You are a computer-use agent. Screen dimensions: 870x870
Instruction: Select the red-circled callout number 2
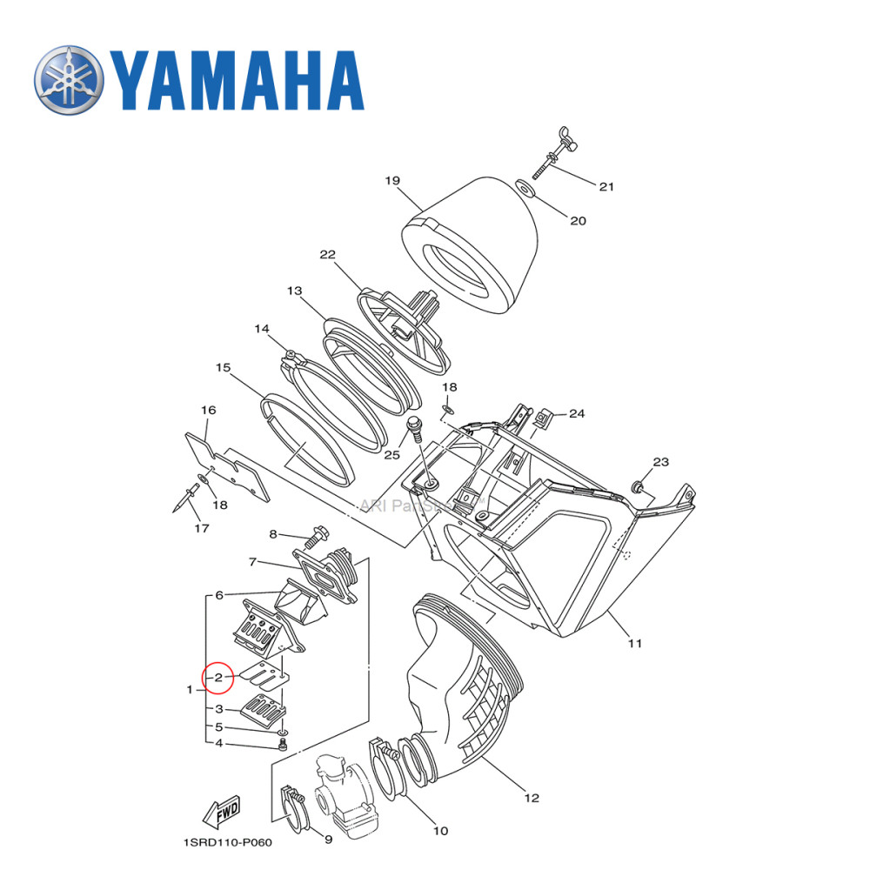(x=219, y=676)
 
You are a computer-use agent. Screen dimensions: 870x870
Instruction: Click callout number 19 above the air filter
(x=391, y=181)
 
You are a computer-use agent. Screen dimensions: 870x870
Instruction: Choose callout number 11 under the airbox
(x=634, y=643)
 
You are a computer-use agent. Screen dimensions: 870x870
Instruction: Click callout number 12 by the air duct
(x=532, y=798)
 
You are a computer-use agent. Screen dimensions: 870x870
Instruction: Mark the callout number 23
(x=660, y=462)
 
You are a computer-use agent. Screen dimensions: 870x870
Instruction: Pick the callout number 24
(x=577, y=414)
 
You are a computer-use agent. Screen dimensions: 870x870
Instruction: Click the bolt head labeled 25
(x=415, y=425)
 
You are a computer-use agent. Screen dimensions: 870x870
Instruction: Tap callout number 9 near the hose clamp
(x=327, y=840)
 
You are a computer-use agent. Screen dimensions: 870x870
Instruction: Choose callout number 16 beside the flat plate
(x=208, y=410)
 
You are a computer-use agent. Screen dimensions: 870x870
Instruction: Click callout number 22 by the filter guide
(x=327, y=255)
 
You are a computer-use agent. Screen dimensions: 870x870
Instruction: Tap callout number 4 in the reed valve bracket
(x=219, y=743)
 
